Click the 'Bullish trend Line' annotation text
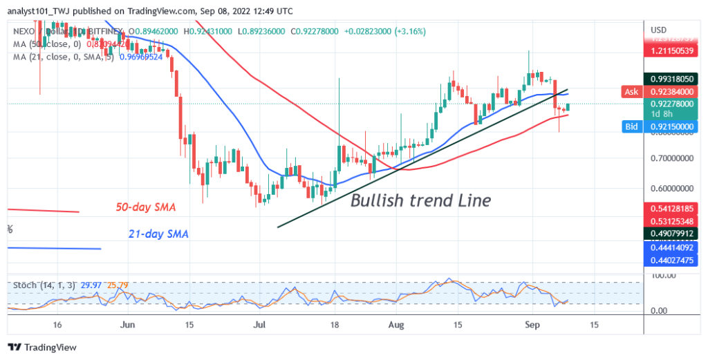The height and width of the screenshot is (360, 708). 420,201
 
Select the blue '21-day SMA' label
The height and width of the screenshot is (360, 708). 158,234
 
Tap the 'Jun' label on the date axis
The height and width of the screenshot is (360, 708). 127,323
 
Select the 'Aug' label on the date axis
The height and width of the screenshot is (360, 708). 395,323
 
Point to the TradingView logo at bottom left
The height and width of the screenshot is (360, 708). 41,347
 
